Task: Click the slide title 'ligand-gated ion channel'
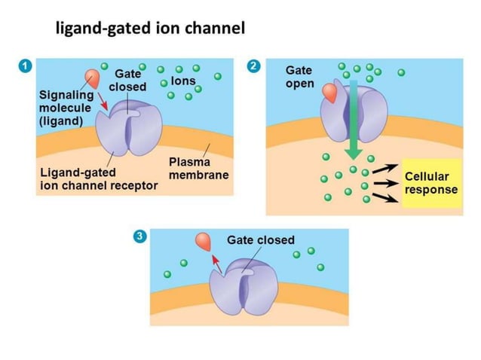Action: [x=150, y=30]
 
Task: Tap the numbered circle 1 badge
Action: [x=26, y=66]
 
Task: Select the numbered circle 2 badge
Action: [x=254, y=66]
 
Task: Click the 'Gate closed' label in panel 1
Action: [x=127, y=81]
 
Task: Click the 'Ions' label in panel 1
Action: [x=183, y=81]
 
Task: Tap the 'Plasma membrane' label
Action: [x=198, y=169]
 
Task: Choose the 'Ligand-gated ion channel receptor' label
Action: [x=98, y=179]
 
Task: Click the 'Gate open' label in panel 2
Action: [x=299, y=76]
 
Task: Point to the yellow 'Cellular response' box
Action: [x=430, y=183]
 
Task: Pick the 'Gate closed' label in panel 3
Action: [x=261, y=240]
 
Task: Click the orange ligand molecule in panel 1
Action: [x=91, y=78]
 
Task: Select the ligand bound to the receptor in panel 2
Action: [x=330, y=93]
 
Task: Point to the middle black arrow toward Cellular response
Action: [x=385, y=182]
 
